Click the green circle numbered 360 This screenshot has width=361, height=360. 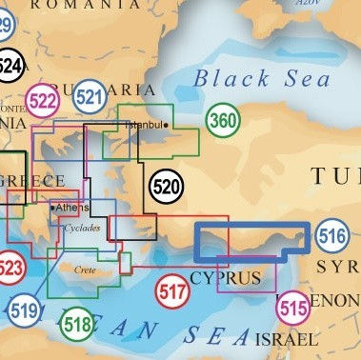coord(222,121)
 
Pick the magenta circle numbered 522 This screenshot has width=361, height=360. coord(43,102)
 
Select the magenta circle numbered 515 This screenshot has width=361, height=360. coord(293,309)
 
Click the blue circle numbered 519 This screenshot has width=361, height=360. coord(24,309)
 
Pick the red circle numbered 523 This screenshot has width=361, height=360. coord(8,264)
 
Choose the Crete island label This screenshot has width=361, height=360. coord(85,270)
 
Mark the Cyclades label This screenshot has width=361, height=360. coord(80,229)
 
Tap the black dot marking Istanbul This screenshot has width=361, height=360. coord(166,125)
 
